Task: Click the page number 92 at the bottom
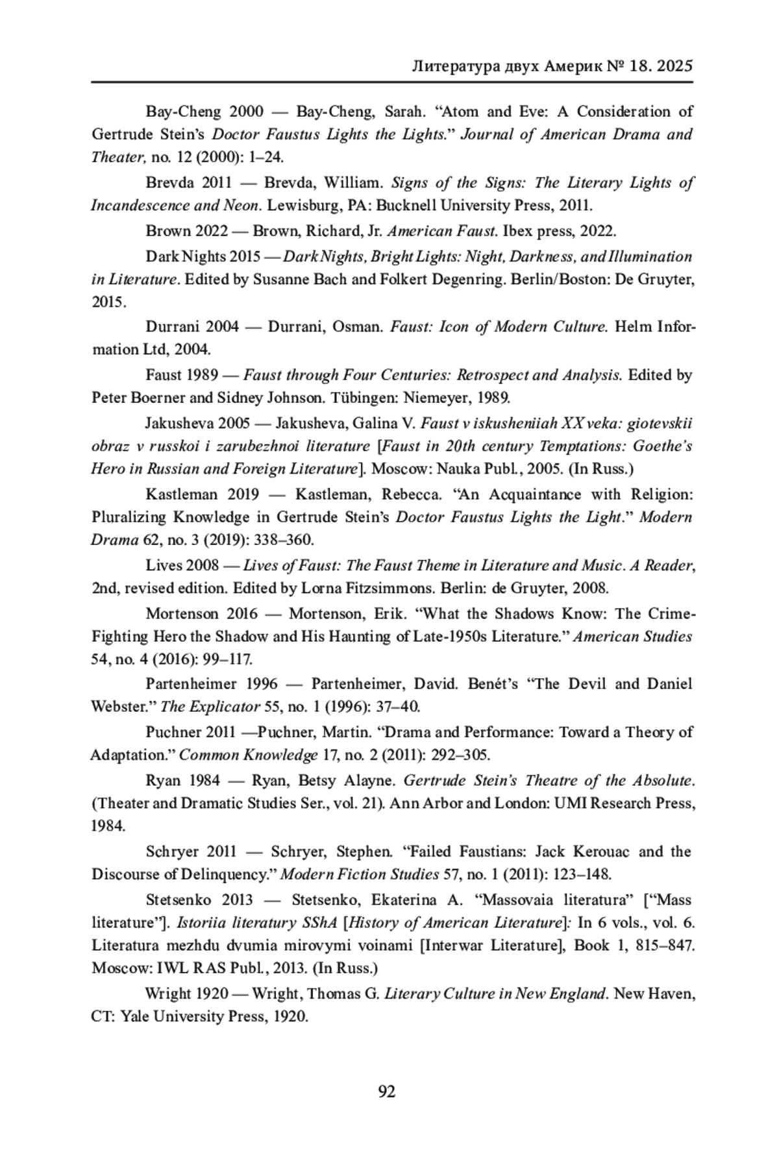386,1091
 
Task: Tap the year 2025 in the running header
675,66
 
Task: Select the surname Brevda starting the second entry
168,182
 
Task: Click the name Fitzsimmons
393,589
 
